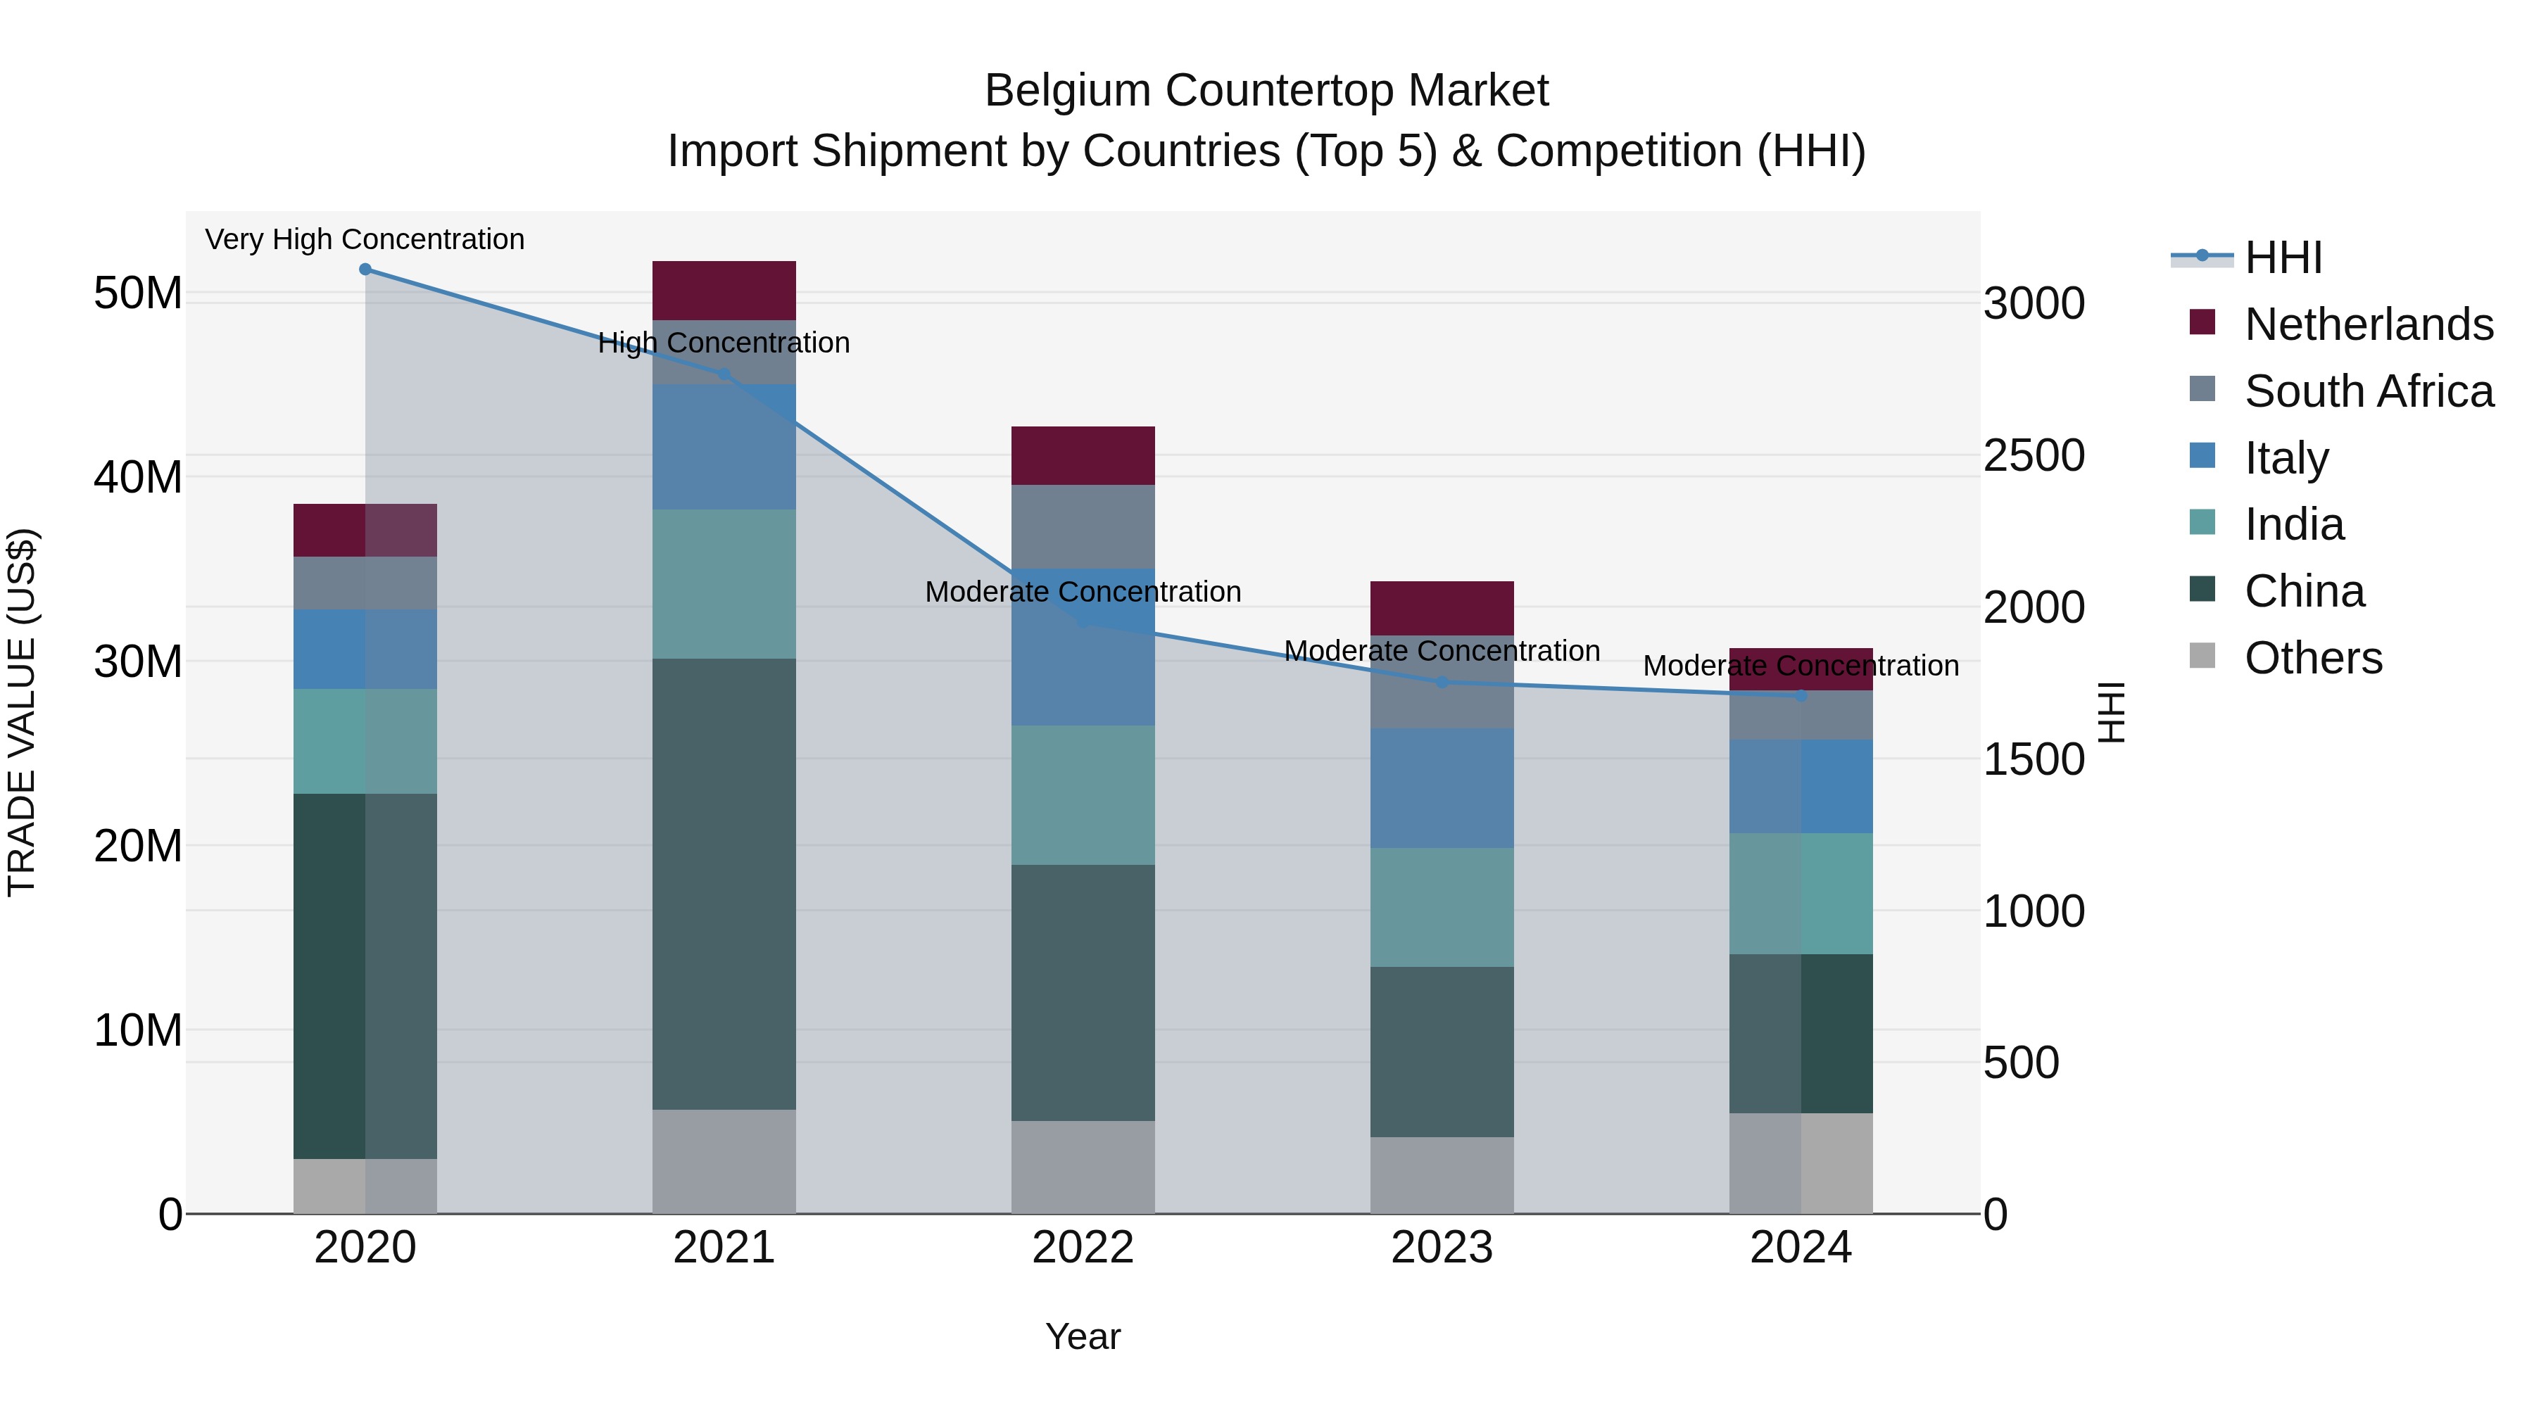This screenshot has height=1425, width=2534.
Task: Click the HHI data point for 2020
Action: [x=365, y=270]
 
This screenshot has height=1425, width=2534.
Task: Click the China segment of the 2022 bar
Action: [x=1083, y=992]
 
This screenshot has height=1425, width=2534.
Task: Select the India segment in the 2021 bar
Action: [x=724, y=583]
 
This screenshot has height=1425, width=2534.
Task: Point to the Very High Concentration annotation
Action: [x=365, y=239]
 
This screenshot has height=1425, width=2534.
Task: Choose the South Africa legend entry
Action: [x=2368, y=391]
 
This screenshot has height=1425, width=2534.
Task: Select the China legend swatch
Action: [x=2202, y=590]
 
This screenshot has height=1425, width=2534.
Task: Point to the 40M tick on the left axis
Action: [x=138, y=477]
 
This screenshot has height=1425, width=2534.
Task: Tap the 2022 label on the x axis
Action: [x=1083, y=1248]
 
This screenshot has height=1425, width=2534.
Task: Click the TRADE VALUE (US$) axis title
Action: [x=22, y=712]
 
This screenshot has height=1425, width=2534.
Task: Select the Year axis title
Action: [x=1083, y=1336]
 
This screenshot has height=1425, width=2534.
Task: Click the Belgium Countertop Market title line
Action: [x=1266, y=91]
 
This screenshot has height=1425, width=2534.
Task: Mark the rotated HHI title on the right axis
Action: [x=2111, y=712]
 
